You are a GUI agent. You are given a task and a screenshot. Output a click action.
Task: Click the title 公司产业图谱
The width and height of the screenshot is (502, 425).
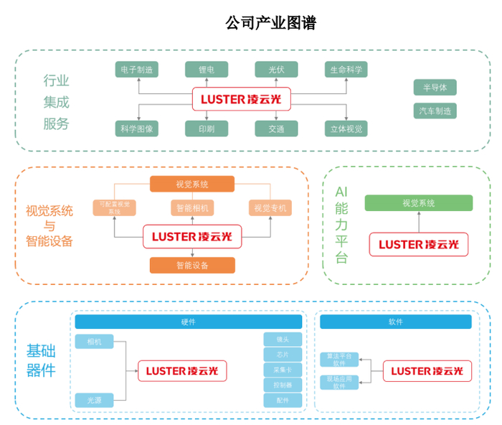coord(270,24)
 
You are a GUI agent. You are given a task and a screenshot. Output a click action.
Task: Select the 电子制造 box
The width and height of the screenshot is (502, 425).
coord(136,70)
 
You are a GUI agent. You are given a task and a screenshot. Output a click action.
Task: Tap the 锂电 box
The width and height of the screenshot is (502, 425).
coord(206,70)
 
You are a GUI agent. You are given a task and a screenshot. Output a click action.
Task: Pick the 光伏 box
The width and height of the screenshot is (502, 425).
coord(276,70)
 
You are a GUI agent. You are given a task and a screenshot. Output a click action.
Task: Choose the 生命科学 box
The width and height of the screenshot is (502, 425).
coord(346,70)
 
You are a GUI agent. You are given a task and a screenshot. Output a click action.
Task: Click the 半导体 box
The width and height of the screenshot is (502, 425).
coord(435,88)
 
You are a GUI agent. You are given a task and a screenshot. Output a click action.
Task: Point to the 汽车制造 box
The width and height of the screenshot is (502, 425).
coord(435,111)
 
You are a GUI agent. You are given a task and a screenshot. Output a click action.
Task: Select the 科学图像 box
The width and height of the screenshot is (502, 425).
coord(136,129)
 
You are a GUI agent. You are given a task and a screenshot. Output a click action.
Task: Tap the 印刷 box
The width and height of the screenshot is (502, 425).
coord(206,129)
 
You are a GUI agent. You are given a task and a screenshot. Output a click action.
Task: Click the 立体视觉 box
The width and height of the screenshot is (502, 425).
coord(346,129)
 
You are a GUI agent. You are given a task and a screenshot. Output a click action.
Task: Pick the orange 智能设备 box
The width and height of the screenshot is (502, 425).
coord(192,265)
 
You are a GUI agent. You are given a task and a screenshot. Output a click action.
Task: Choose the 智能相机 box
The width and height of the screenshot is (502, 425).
coord(192,208)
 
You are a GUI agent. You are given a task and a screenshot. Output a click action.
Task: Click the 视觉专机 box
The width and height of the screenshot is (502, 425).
coord(270,208)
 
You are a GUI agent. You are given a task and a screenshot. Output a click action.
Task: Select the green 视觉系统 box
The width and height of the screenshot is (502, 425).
coord(418,203)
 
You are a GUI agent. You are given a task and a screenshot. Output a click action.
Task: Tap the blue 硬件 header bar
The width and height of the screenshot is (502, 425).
coord(189,322)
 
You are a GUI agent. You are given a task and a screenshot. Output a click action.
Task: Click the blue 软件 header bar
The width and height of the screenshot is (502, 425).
coord(395,322)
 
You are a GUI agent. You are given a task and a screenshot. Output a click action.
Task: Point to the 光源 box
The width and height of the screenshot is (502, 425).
coord(95,400)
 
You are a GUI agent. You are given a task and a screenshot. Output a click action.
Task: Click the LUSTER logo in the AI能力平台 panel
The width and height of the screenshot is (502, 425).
coord(418,244)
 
